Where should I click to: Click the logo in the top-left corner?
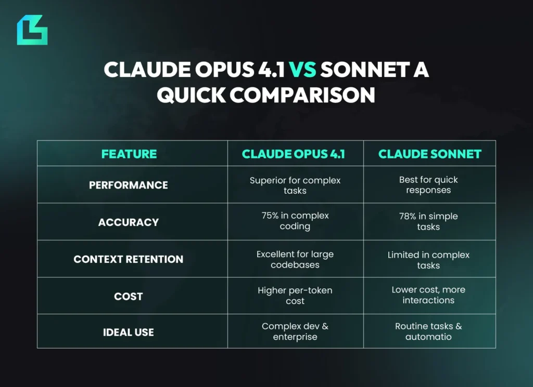tap(32, 30)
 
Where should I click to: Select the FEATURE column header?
tap(129, 154)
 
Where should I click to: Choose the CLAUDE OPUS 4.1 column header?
tap(295, 154)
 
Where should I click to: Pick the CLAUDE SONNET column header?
tap(429, 154)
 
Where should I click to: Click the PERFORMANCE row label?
tap(129, 185)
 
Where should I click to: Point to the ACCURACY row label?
tap(129, 222)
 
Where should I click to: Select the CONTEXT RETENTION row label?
tap(129, 259)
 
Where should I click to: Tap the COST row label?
tap(129, 297)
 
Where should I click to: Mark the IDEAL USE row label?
tap(129, 332)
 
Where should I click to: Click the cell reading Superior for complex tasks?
tap(295, 185)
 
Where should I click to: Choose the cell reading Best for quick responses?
tap(428, 185)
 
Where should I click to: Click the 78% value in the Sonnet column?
tap(408, 216)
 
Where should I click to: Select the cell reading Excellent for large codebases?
tap(295, 260)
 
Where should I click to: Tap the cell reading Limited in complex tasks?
tap(428, 260)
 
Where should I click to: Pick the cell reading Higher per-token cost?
tap(295, 296)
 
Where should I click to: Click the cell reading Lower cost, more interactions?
tap(428, 295)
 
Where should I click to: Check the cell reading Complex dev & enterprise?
tap(295, 331)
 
